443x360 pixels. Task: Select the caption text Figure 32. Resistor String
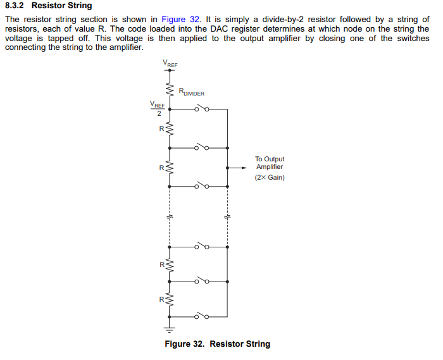click(x=217, y=344)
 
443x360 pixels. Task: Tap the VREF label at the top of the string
click(x=170, y=63)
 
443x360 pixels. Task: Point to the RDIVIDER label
click(x=192, y=93)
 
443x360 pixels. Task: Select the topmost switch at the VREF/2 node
click(x=202, y=109)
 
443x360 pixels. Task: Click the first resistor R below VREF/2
click(x=169, y=128)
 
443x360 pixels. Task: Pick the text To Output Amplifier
click(x=270, y=163)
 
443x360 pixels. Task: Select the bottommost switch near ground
click(x=202, y=314)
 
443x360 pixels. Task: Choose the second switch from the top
click(x=202, y=148)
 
